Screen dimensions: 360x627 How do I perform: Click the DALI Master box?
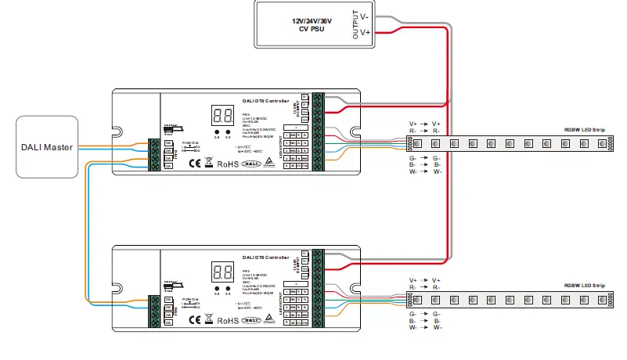pyautogui.click(x=48, y=146)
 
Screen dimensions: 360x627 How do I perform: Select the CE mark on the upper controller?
pyautogui.click(x=196, y=163)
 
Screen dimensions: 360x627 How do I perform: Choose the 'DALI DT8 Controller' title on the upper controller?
pyautogui.click(x=266, y=101)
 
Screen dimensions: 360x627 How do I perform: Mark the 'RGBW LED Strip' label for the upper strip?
pyautogui.click(x=585, y=129)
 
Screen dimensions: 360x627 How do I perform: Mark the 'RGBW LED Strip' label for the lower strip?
pyautogui.click(x=585, y=286)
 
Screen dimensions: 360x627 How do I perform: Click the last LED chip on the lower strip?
pyautogui.click(x=603, y=301)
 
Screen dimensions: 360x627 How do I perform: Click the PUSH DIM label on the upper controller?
pyautogui.click(x=189, y=143)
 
